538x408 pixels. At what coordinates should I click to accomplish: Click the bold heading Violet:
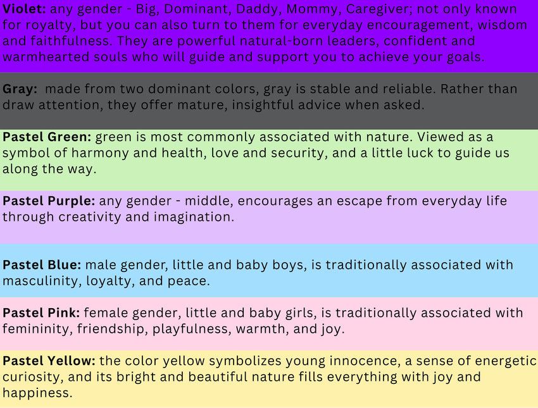(x=24, y=9)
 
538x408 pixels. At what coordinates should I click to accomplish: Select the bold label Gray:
(x=20, y=89)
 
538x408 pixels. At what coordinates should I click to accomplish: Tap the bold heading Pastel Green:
(x=47, y=137)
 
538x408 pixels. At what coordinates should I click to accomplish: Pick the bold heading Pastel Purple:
(x=49, y=201)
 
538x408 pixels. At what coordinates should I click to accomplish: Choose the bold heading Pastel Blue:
(x=42, y=265)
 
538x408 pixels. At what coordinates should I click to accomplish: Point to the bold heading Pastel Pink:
(x=41, y=313)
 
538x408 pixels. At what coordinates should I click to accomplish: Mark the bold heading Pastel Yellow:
(x=49, y=361)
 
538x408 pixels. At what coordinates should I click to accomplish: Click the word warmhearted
(x=46, y=57)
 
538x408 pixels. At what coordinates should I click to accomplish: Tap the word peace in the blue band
(x=189, y=281)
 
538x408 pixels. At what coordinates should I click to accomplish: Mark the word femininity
(x=37, y=329)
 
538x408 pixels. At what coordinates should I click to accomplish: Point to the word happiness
(x=37, y=393)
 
